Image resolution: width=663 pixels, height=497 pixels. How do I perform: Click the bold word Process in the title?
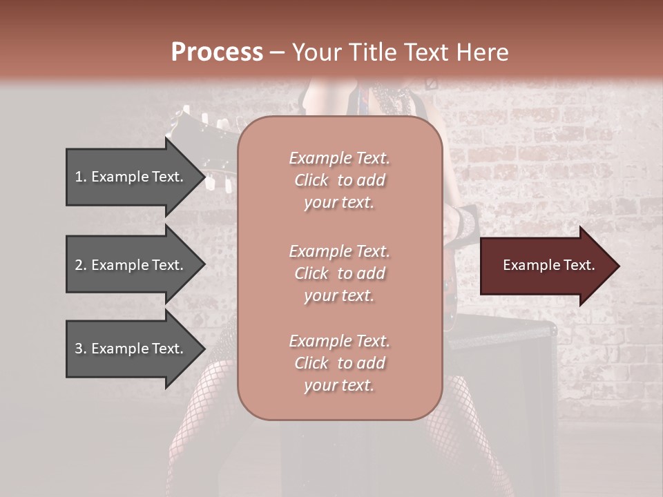pos(217,52)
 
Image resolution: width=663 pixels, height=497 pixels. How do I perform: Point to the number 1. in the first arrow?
pos(81,177)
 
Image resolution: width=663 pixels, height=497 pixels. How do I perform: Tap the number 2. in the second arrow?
pos(81,265)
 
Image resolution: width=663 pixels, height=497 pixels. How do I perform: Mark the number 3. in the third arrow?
pos(81,349)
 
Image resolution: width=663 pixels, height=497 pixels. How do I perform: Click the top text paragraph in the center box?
pos(339,180)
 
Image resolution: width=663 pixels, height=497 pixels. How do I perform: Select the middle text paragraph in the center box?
pos(339,273)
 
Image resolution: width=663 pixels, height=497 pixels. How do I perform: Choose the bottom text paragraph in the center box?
pos(339,363)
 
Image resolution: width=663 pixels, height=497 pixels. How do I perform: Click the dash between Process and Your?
pos(278,52)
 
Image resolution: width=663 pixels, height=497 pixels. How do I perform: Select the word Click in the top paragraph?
pos(311,180)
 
